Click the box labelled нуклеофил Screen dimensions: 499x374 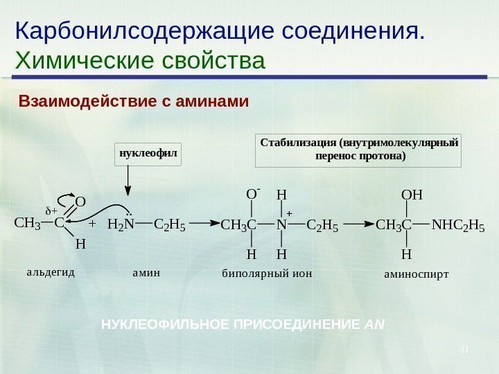pos(146,154)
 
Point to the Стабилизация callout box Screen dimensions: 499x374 pos(358,150)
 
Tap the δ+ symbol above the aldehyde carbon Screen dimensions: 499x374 pos(51,210)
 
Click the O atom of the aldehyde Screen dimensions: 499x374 pos(80,202)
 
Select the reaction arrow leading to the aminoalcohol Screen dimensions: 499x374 pos(357,224)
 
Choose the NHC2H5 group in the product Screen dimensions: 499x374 pos(457,224)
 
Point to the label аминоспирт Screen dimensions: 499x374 pos(417,274)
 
